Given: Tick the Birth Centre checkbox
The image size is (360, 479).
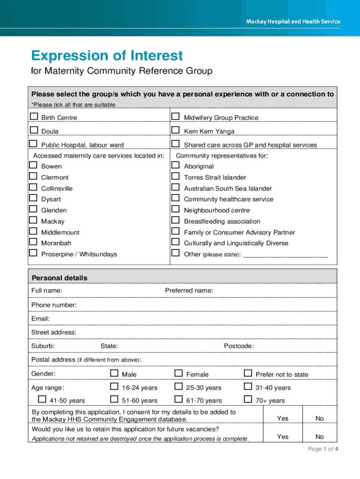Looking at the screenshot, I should coord(34,116).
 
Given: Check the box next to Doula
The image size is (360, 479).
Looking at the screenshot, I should coord(34,130).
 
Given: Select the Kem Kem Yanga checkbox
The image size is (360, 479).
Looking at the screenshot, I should coord(175,130).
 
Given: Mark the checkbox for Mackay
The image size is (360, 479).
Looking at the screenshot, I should coord(33,220).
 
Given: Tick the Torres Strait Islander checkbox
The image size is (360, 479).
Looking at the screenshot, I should coord(175,176).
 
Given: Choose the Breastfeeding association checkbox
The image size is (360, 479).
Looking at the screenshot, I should coord(175,220).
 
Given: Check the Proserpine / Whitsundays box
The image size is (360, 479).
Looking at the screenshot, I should coord(33,253).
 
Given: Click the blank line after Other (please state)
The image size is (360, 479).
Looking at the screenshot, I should coord(285,255).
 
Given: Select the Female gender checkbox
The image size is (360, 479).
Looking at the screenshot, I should coord(179,373).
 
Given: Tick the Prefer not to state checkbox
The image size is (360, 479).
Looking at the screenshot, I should coord(248,373).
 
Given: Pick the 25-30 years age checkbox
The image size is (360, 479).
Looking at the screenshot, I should coord(179,386).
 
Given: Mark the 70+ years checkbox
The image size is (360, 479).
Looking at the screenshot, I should coord(248,399).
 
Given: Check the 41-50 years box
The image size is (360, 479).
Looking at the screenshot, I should coord(42,399).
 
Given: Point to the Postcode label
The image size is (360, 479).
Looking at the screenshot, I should coord(239,346).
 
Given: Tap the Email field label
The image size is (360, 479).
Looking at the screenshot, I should coord(41,319).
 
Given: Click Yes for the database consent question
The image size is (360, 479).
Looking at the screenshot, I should coord(283,419).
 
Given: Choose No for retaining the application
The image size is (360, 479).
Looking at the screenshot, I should coord(320,437).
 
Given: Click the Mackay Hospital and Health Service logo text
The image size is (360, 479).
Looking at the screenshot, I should coord(293,22).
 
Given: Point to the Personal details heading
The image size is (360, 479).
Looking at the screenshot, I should coord(59,278).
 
